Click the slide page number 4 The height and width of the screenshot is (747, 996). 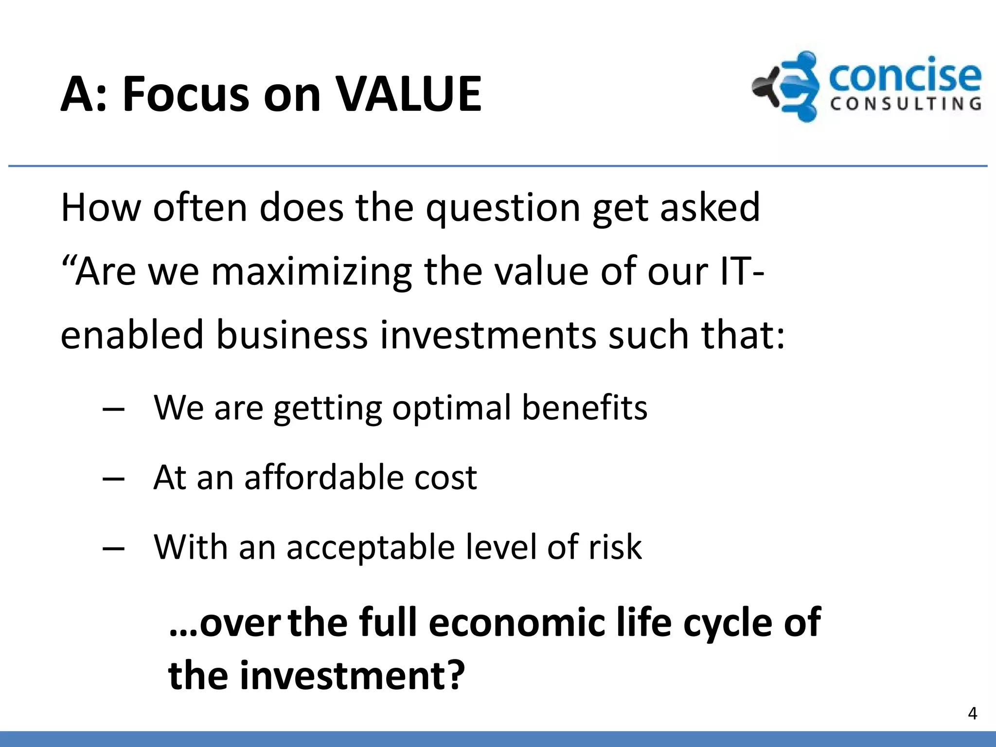(972, 713)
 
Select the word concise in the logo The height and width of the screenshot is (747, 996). (905, 76)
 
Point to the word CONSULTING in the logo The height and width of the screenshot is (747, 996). (906, 104)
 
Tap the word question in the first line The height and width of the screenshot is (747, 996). (503, 208)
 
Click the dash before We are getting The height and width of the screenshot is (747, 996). (114, 409)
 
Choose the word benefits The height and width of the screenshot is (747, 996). (585, 407)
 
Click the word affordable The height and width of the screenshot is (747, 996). (324, 477)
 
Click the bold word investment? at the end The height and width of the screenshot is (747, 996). (352, 676)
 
